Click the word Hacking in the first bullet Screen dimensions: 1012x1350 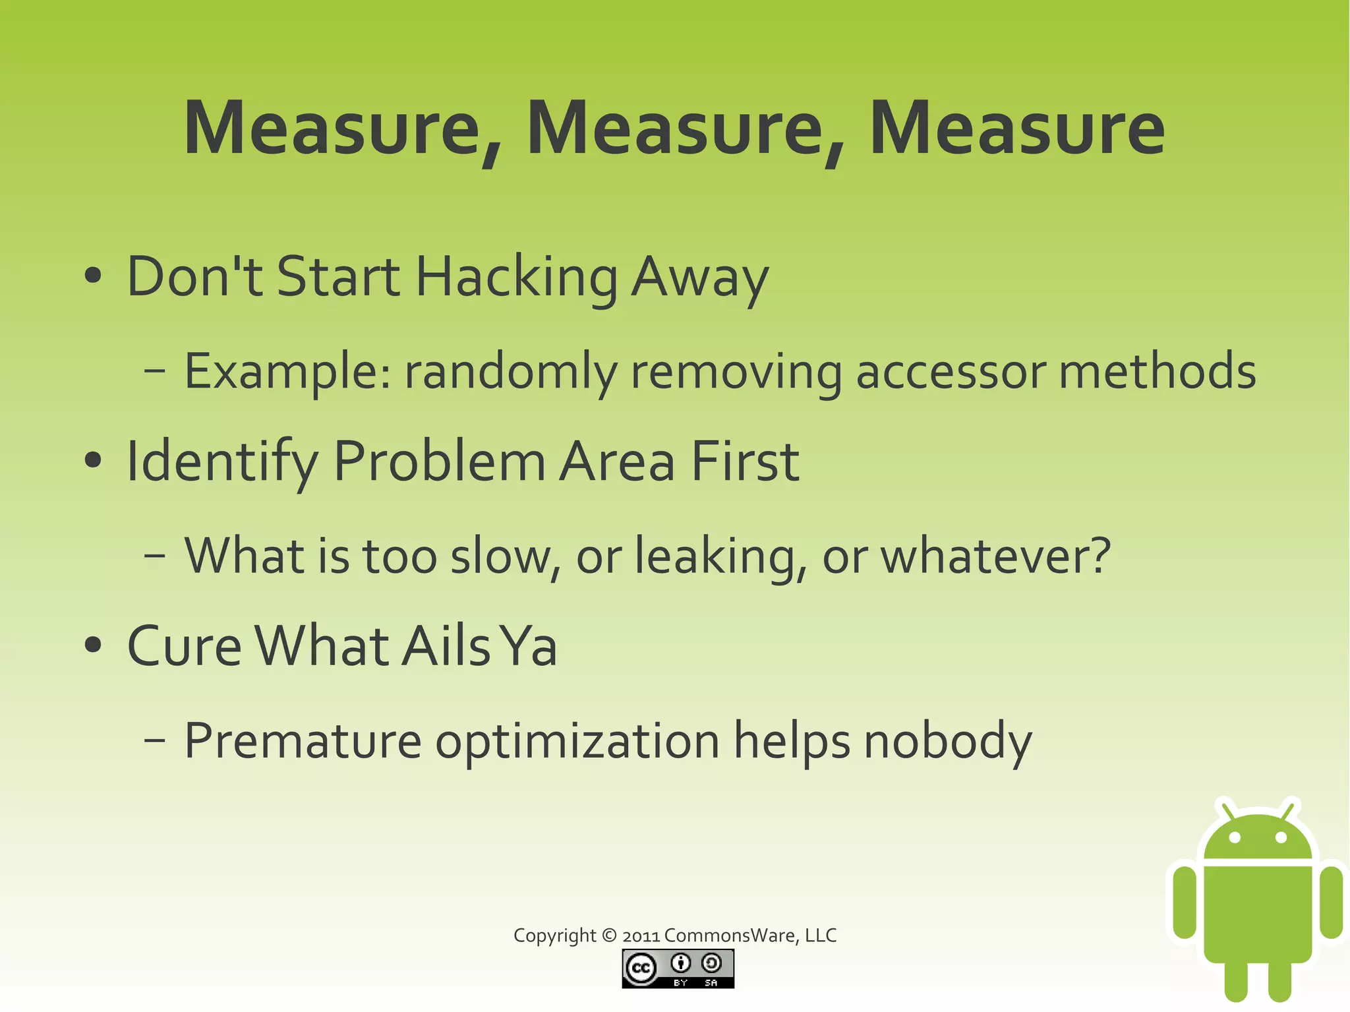517,277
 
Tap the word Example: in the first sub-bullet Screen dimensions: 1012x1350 287,371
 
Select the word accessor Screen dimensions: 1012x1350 951,371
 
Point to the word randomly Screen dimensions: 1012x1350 511,371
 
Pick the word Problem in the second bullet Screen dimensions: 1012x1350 440,461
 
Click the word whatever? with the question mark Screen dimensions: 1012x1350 996,556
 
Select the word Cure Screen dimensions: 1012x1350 185,646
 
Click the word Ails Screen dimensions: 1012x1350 446,646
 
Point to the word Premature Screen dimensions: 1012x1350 303,741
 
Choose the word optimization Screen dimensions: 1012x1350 577,741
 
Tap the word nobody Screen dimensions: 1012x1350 948,741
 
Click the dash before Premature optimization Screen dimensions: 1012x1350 154,741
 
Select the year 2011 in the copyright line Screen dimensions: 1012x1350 641,936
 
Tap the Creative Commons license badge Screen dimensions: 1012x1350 678,968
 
